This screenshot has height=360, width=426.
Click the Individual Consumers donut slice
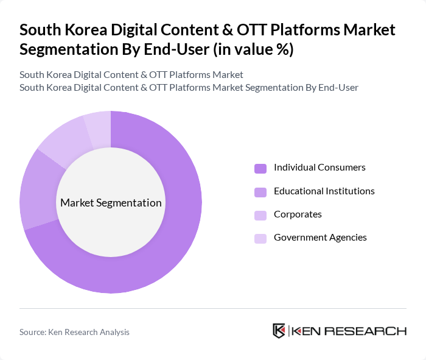point(176,244)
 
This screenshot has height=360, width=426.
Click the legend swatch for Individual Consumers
point(260,168)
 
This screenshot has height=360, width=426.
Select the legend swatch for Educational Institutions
point(260,192)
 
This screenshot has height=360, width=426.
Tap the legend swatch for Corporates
point(260,215)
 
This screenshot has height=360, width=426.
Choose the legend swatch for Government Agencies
point(260,238)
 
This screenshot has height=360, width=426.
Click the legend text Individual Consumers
point(319,168)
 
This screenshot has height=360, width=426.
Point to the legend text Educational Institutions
point(324,191)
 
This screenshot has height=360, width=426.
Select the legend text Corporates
point(298,214)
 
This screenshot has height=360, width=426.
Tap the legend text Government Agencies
point(320,238)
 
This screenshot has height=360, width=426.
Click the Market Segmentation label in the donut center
point(111,203)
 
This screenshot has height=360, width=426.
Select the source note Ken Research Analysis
point(74,332)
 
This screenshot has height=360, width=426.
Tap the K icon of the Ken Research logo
point(279,331)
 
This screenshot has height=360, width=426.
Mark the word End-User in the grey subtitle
point(338,87)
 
